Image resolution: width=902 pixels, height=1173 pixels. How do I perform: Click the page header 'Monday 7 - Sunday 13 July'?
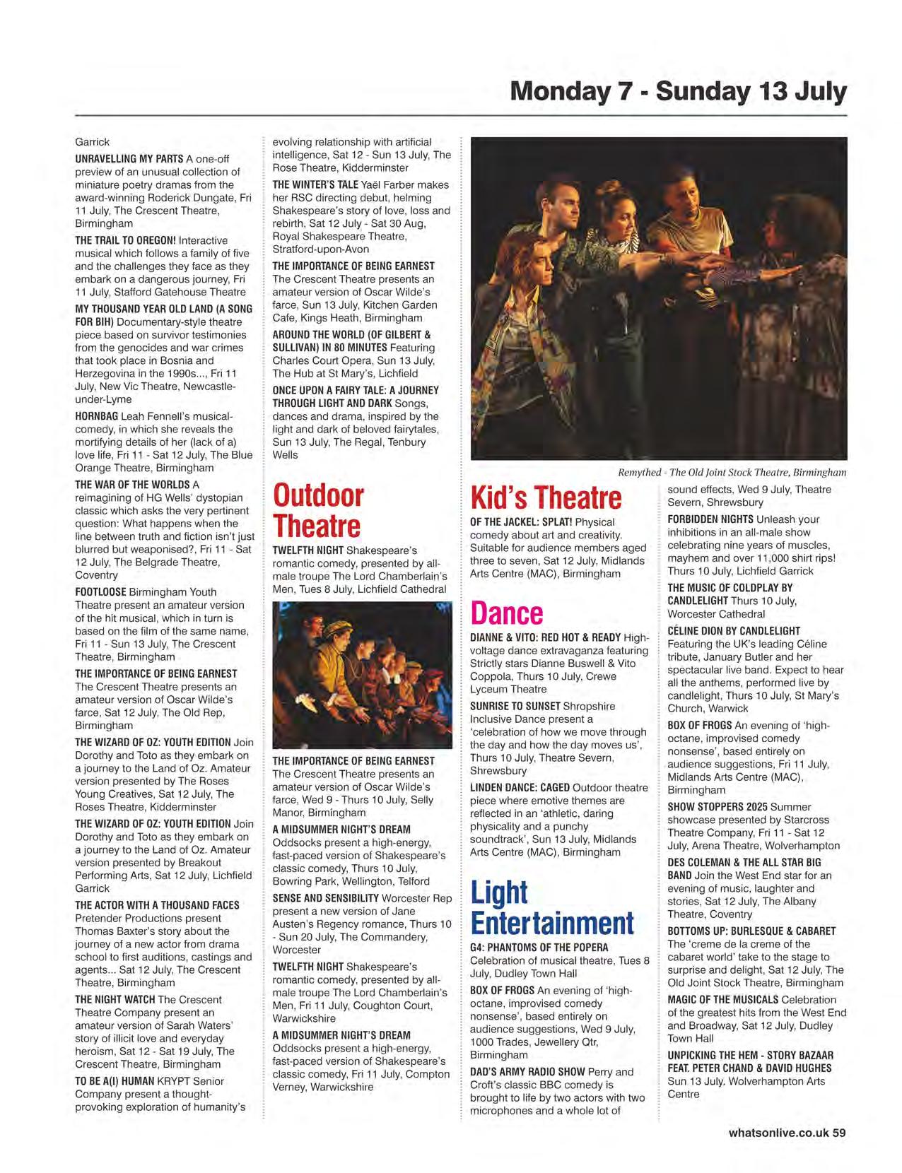(678, 92)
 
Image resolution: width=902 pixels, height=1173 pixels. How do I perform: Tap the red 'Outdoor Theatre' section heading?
(317, 510)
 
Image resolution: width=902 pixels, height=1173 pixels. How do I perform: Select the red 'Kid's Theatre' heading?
(546, 497)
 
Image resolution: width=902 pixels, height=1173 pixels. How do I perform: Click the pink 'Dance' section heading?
(506, 613)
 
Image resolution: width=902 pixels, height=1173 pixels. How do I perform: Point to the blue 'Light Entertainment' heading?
(551, 907)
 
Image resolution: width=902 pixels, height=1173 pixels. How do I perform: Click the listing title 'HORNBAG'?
(97, 416)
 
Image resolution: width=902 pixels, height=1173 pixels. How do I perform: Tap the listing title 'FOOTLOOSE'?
(101, 592)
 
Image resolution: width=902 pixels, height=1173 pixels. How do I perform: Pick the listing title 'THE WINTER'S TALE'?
(315, 184)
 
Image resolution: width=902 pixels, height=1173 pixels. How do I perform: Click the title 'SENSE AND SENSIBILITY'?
(326, 898)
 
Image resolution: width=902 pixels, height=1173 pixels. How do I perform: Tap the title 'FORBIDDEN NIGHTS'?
(710, 519)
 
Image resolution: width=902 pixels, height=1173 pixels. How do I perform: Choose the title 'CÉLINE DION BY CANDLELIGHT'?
(734, 631)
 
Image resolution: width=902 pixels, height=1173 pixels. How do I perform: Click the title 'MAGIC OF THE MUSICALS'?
(722, 999)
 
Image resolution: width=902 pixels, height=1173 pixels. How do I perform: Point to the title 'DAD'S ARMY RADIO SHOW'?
(527, 1071)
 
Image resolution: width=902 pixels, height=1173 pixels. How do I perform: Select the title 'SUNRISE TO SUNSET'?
(514, 706)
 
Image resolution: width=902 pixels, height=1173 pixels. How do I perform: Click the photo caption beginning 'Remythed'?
(732, 473)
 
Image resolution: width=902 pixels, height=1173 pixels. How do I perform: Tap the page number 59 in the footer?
(838, 1132)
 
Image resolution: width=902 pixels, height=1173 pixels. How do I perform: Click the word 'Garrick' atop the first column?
(92, 142)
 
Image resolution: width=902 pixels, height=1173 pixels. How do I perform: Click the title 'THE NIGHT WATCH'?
(115, 999)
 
